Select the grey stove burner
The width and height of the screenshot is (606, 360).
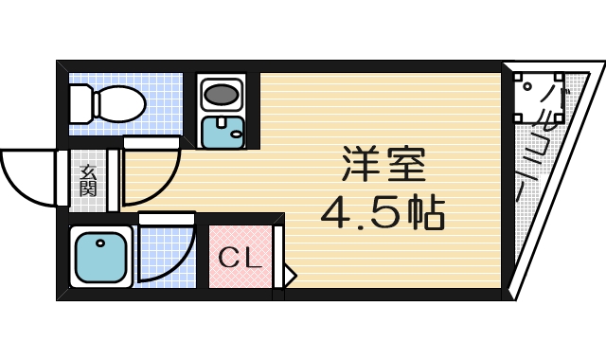click(x=222, y=95)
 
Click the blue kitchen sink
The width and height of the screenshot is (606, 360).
click(x=223, y=131)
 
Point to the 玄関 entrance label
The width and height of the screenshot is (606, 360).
click(x=88, y=179)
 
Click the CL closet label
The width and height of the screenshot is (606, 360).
click(x=240, y=257)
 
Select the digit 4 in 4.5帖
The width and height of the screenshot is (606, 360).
click(x=336, y=214)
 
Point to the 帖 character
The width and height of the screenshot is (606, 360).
click(x=423, y=214)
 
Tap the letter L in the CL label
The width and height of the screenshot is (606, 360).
click(x=253, y=257)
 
